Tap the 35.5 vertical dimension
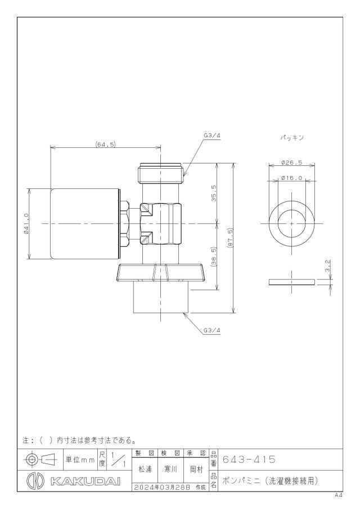214,193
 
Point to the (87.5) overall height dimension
231,238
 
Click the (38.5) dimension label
214,256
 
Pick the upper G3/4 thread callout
212,136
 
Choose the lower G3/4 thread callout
212,331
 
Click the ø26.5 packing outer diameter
292,163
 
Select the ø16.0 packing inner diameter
292,178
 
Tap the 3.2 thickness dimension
328,265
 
